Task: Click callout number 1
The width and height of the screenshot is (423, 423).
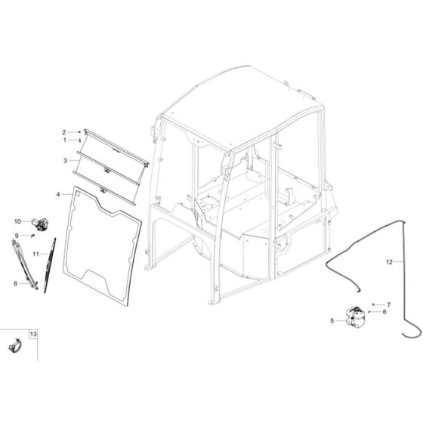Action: click(x=64, y=140)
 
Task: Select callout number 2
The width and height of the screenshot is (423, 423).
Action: click(x=64, y=131)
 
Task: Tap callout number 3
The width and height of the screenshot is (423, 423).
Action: click(x=65, y=160)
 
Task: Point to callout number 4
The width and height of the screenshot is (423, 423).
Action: click(x=58, y=195)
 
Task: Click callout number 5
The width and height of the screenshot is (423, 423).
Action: click(x=332, y=320)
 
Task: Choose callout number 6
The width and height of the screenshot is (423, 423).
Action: click(x=384, y=311)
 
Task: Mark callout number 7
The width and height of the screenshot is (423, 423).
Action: click(x=388, y=304)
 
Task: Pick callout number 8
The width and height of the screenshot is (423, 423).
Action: click(x=15, y=283)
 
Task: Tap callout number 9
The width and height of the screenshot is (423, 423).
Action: click(x=15, y=236)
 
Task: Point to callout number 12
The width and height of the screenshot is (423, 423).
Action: click(x=389, y=262)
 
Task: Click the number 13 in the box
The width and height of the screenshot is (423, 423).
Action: click(x=33, y=333)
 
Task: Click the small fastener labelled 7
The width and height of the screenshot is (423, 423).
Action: click(x=373, y=304)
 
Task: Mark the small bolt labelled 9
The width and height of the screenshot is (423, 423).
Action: click(x=32, y=236)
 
